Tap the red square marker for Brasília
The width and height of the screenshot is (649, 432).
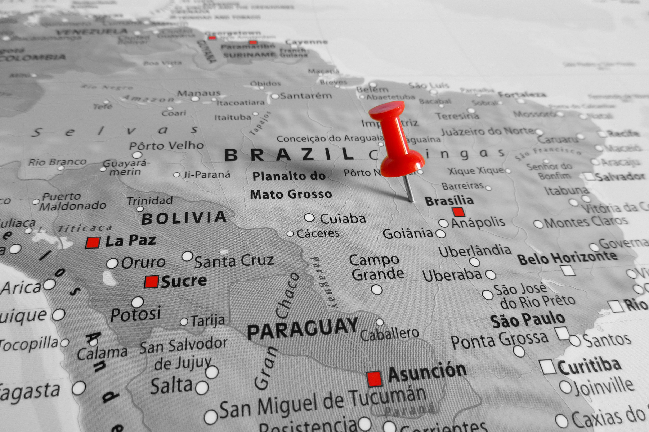point(458,212)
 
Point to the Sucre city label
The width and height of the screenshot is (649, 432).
point(184,281)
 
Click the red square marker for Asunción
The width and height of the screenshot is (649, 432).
point(374,379)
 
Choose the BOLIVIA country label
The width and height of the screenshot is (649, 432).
point(184,218)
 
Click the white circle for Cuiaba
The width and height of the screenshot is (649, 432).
point(309,218)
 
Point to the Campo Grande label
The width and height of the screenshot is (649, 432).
point(376,267)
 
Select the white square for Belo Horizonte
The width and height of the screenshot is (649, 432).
point(568,270)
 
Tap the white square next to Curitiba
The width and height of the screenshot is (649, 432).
point(547,367)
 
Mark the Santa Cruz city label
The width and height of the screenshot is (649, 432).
point(234,261)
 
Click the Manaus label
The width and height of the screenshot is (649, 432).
point(199,93)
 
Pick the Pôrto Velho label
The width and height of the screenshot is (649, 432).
point(166,145)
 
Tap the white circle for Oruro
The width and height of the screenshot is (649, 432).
point(112,263)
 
